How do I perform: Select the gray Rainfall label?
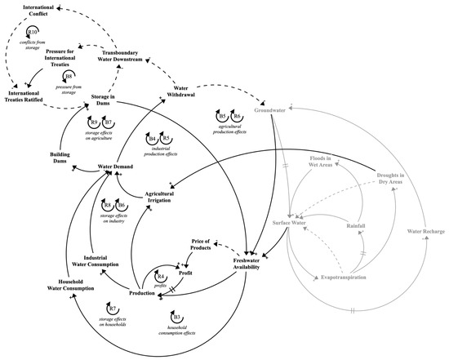pyautogui.click(x=355, y=224)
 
